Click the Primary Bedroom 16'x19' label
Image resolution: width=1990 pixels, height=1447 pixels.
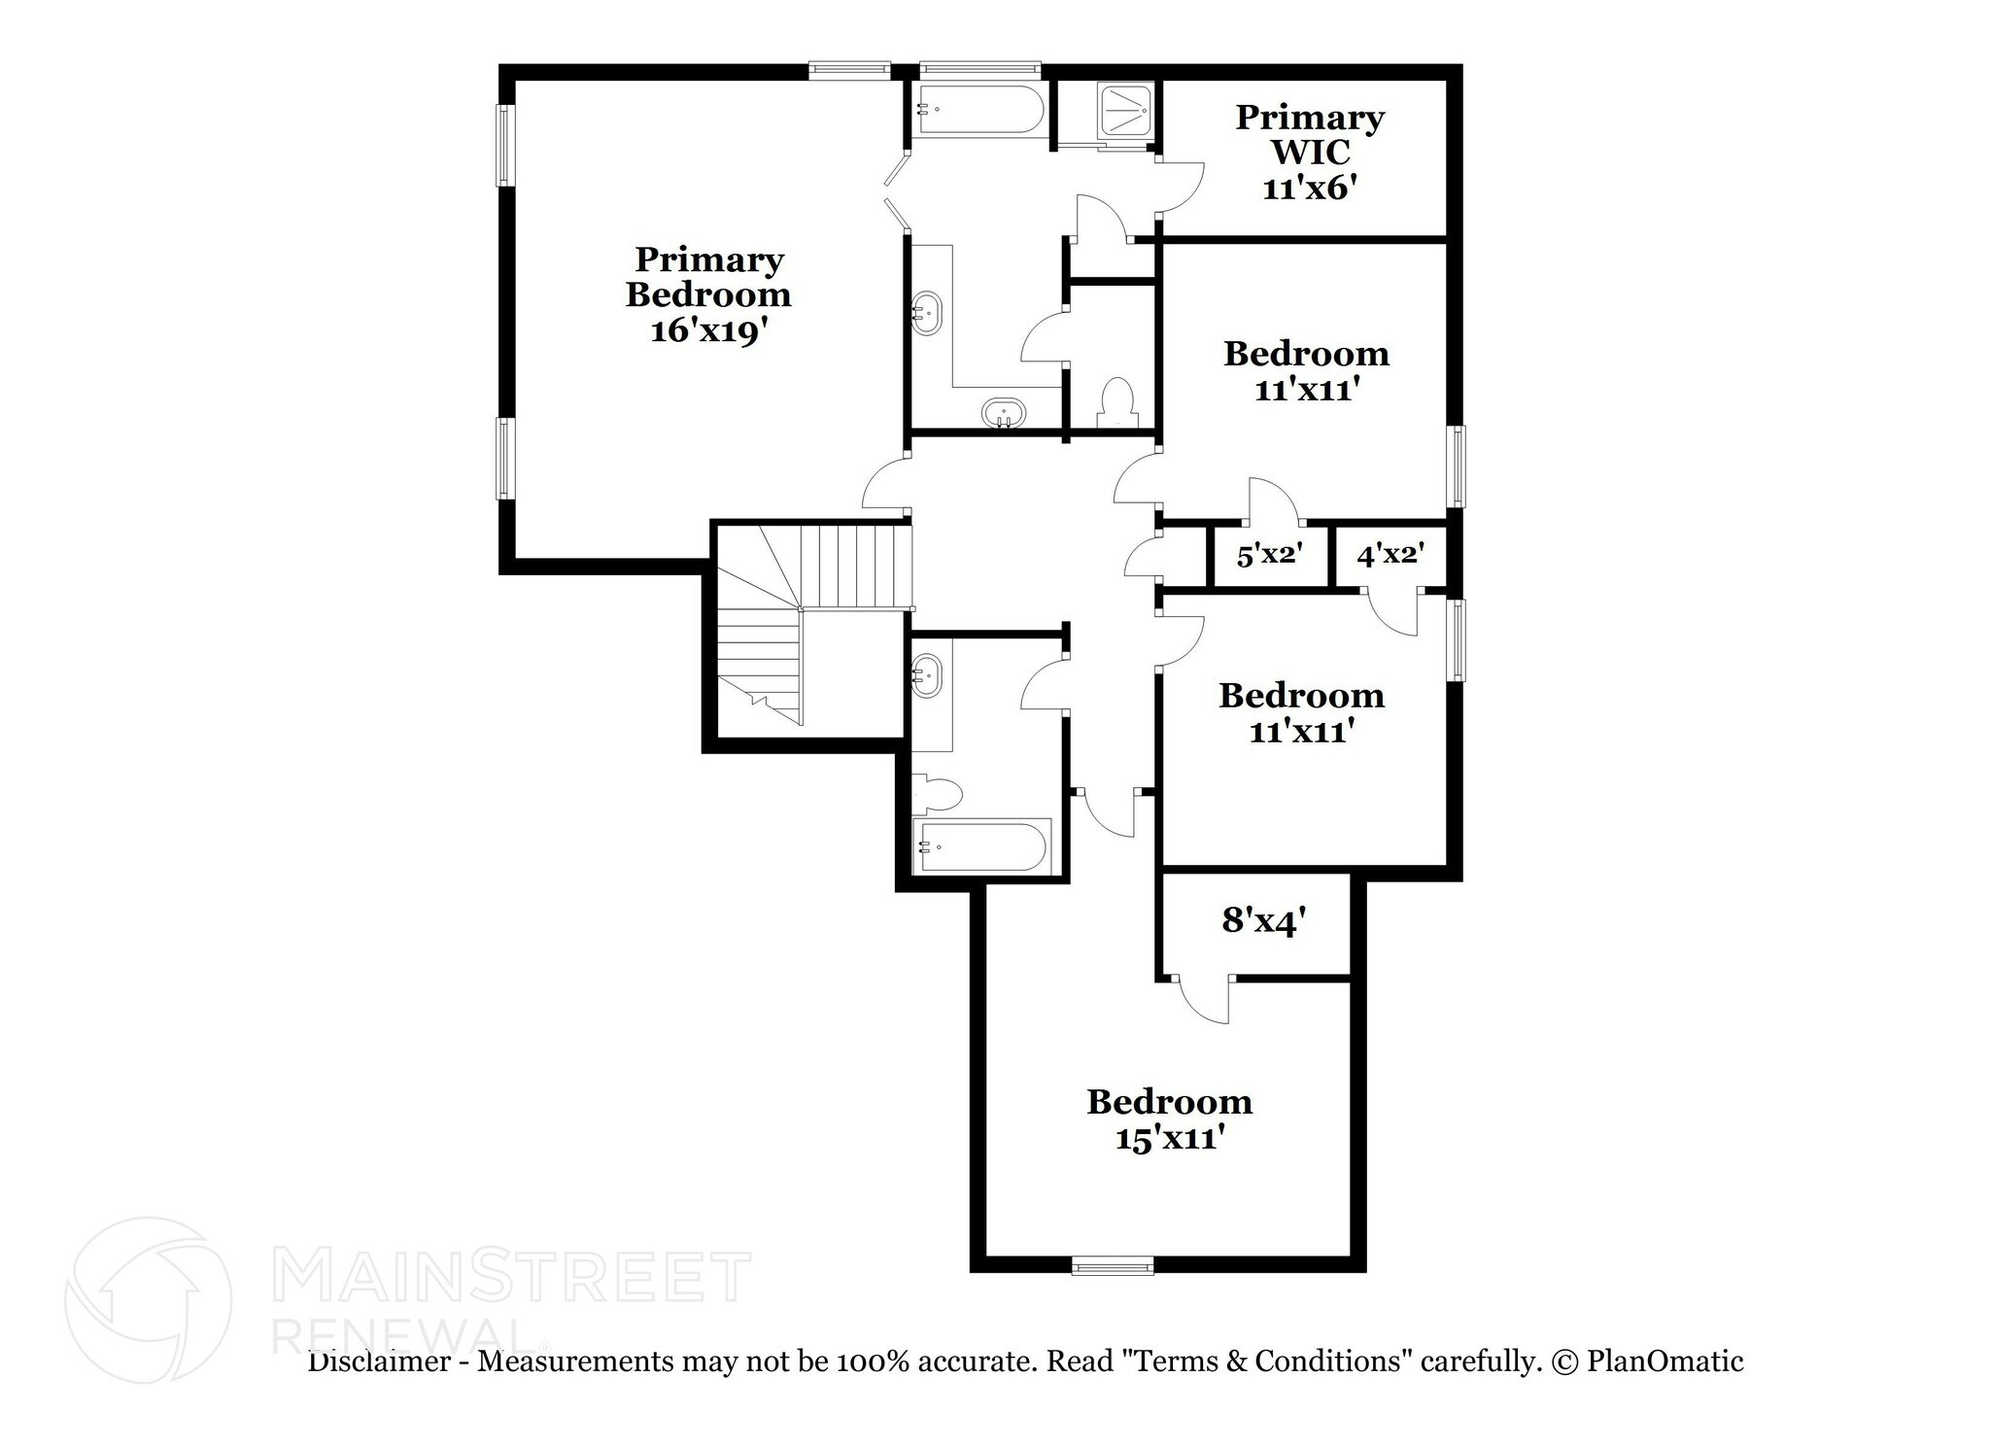pyautogui.click(x=708, y=294)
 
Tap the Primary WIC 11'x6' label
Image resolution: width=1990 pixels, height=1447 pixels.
pyautogui.click(x=1309, y=153)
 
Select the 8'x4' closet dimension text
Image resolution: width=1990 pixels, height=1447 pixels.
pyautogui.click(x=1262, y=920)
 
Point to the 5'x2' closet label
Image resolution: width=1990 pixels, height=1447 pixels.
pyautogui.click(x=1269, y=556)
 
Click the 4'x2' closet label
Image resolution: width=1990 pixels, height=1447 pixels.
pyautogui.click(x=1390, y=555)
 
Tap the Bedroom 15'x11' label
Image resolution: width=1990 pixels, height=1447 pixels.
pyautogui.click(x=1169, y=1120)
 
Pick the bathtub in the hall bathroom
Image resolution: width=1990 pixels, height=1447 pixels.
pyautogui.click(x=982, y=847)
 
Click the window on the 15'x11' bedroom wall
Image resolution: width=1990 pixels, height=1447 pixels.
pyautogui.click(x=1113, y=1264)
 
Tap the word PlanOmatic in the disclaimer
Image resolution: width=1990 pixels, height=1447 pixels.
pyautogui.click(x=1664, y=1361)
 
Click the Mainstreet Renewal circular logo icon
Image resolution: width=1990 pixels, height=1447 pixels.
pyautogui.click(x=149, y=1300)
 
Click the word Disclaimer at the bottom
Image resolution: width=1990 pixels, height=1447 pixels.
pyautogui.click(x=379, y=1361)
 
